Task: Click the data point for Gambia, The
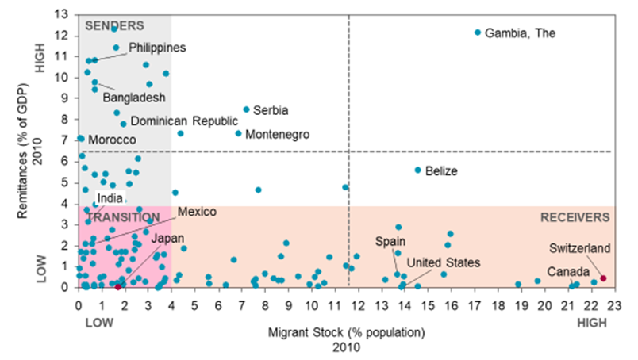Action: [478, 33]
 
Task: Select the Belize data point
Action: [418, 170]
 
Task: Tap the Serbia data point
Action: [246, 109]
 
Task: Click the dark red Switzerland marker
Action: [603, 278]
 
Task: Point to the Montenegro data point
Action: [238, 133]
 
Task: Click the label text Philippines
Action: [157, 48]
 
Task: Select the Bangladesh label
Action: [133, 98]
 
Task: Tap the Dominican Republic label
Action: [184, 121]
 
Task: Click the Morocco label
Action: [112, 140]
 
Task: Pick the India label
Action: [110, 197]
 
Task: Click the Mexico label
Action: [197, 212]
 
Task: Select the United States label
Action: [443, 262]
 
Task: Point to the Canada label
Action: [567, 272]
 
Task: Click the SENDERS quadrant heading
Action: [114, 25]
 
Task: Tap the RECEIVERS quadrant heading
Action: [575, 216]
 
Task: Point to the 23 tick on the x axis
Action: [614, 304]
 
